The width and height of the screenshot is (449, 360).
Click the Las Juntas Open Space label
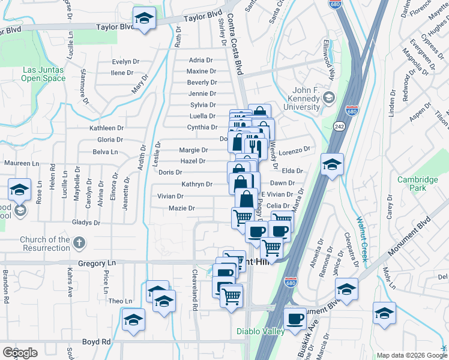[44, 73]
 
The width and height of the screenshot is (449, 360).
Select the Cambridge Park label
[418, 184]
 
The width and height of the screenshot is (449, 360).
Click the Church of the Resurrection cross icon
[79, 244]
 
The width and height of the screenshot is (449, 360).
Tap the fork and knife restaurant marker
[255, 146]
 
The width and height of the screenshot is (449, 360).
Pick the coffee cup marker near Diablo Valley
[294, 320]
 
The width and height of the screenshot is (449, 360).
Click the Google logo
[20, 353]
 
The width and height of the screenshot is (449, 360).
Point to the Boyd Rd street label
[97, 341]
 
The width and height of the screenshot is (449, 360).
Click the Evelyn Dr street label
[125, 62]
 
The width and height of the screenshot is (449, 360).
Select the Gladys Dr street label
[85, 223]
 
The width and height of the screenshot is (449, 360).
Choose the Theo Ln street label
[120, 301]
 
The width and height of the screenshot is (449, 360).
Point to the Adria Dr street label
[200, 60]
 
